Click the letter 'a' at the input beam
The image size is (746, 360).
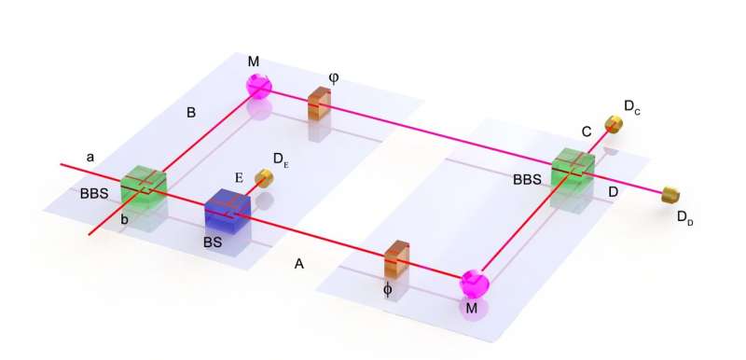tap(90, 157)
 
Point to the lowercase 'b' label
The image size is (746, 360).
tap(124, 220)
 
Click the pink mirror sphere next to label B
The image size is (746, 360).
tap(258, 85)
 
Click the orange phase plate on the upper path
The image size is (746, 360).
tap(320, 104)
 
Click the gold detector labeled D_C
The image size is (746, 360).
tap(614, 123)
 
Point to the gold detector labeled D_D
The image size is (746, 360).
tap(670, 195)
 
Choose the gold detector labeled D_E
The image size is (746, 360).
tap(268, 177)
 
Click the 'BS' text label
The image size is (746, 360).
tap(214, 241)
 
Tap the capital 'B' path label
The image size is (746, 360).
tap(190, 114)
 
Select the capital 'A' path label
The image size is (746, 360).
tap(298, 264)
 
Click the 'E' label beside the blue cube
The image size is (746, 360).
tap(240, 173)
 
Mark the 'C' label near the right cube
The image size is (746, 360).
tap(587, 132)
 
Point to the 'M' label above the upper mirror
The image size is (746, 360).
tap(253, 61)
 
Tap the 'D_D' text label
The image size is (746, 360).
tap(686, 216)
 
